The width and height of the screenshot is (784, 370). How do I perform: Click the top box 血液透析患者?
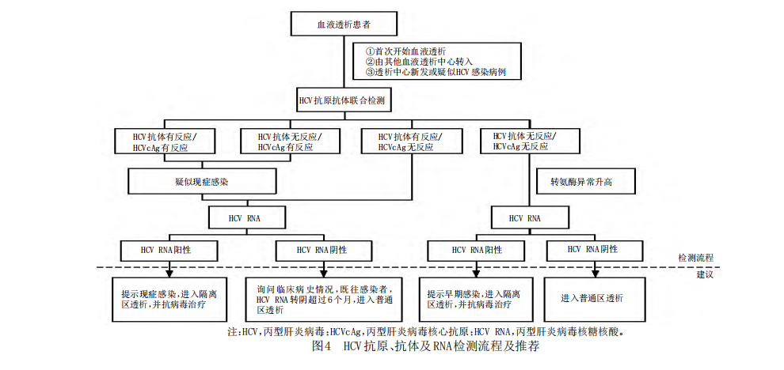[344, 24]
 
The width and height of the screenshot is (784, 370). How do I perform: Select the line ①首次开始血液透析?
[405, 51]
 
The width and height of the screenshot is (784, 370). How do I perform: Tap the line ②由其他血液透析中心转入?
[419, 62]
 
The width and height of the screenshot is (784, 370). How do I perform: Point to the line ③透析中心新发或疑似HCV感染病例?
[436, 73]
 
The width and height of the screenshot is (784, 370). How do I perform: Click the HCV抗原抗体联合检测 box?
[344, 100]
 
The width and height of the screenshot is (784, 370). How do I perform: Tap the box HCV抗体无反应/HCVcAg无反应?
[530, 141]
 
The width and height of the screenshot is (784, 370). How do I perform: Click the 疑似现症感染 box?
[203, 181]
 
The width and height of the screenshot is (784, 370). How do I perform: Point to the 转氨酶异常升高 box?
[585, 181]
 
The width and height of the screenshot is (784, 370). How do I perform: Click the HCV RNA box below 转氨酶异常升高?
[530, 219]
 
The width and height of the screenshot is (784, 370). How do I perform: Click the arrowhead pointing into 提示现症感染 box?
[170, 274]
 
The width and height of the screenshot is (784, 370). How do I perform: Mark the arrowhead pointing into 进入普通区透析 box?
[595, 274]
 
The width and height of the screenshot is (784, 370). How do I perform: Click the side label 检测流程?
[695, 258]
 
